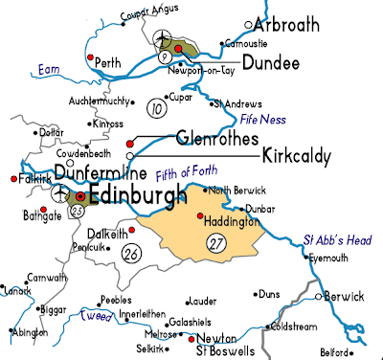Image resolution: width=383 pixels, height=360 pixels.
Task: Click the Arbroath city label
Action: click(x=299, y=23)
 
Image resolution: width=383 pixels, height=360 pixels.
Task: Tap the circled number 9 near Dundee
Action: click(x=164, y=57)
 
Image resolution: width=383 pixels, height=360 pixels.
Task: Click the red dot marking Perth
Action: click(x=90, y=59)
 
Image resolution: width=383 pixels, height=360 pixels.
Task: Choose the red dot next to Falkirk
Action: click(x=12, y=179)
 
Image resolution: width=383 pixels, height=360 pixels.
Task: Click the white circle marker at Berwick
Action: click(x=319, y=296)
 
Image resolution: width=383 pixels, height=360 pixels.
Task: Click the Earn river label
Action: click(x=48, y=68)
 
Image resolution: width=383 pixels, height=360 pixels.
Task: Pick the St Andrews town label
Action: click(x=237, y=102)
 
